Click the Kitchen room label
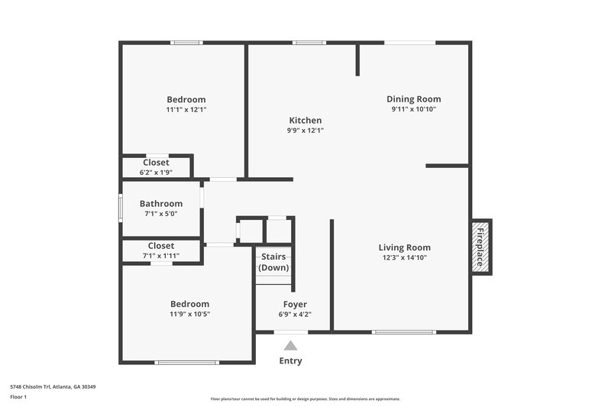pos(305,121)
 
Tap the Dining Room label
pos(413,99)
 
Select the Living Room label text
pos(404,247)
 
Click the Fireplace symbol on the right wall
pos(481,247)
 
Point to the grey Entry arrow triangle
pos(290,346)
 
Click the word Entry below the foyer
pos(290,361)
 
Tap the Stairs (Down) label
pos(273,263)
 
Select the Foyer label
pos(294,304)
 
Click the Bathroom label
pos(161,204)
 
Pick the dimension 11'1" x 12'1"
pos(186,110)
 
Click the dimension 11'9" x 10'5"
pos(189,314)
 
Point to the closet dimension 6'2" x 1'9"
pos(156,172)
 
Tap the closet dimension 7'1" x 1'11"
pos(160,256)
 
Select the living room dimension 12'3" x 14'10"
pos(404,258)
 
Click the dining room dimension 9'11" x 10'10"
pos(413,109)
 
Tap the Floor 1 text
pos(18,397)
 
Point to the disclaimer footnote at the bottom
pos(305,399)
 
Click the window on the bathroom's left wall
pos(120,208)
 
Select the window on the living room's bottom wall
pos(403,332)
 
